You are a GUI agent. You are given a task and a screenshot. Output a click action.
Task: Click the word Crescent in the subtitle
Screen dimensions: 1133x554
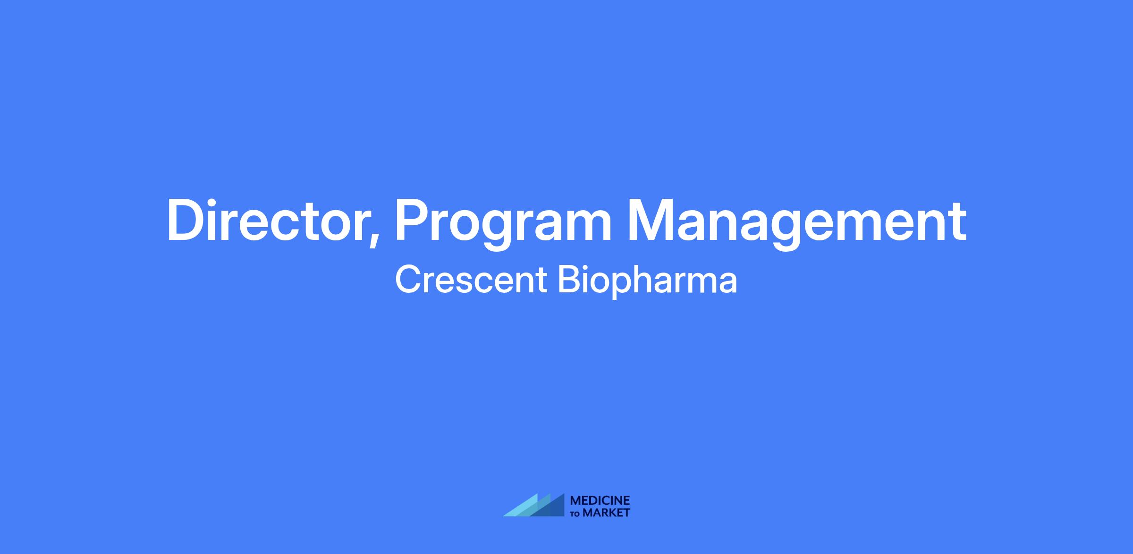pyautogui.click(x=471, y=280)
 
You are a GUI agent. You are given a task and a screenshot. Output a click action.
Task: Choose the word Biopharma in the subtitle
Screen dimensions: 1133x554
pyautogui.click(x=647, y=282)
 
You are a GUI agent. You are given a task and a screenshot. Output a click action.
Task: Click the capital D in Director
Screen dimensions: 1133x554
pyautogui.click(x=186, y=221)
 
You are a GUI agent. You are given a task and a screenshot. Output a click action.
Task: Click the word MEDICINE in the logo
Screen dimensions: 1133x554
pyautogui.click(x=600, y=501)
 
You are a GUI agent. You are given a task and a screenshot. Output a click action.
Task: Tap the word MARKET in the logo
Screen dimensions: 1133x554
pyautogui.click(x=607, y=513)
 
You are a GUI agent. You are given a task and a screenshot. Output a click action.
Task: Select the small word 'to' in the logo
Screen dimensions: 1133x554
pyautogui.click(x=575, y=514)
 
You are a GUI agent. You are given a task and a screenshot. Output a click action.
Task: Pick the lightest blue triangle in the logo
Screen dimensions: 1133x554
pyautogui.click(x=524, y=508)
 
